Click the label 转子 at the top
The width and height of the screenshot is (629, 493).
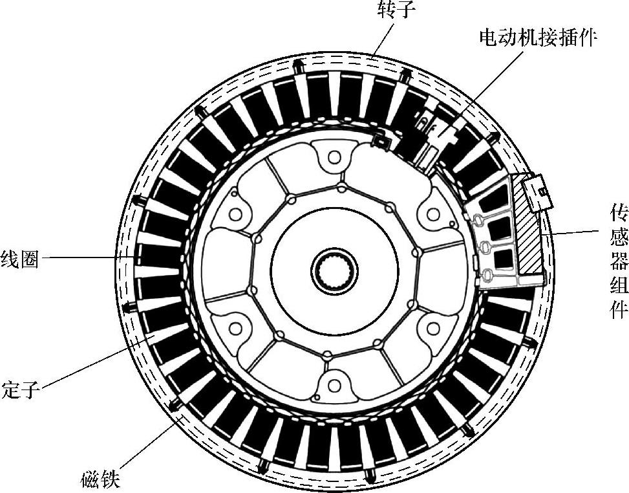point(392,10)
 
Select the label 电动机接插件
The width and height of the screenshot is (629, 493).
point(537,36)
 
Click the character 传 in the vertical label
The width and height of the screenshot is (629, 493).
point(619,213)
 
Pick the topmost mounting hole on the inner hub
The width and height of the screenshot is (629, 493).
point(334,156)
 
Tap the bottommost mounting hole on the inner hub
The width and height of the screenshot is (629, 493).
point(334,386)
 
